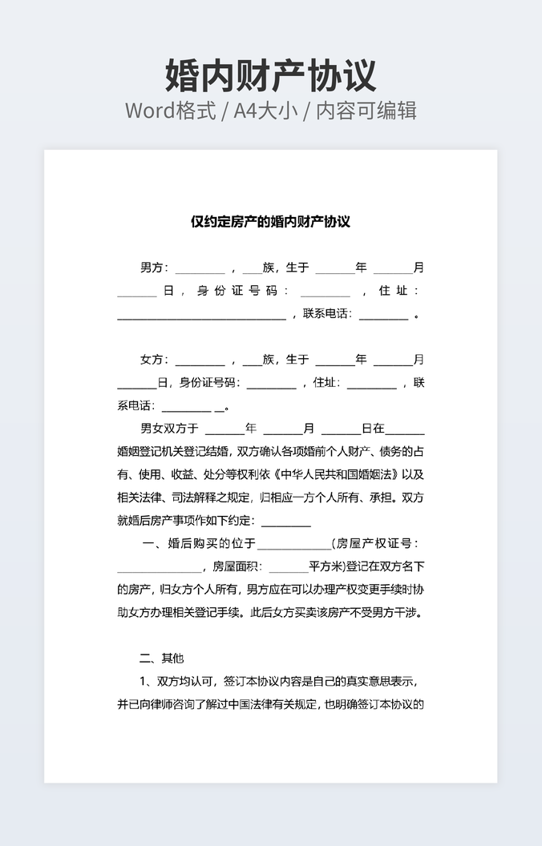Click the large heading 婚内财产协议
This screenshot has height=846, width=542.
point(270,75)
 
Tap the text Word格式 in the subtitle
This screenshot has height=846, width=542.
point(170,111)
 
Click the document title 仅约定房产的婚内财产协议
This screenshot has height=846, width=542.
point(270,221)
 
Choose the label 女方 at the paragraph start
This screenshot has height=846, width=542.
point(152,360)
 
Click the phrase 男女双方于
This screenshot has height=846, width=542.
point(170,429)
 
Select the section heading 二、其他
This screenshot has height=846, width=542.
point(161,659)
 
